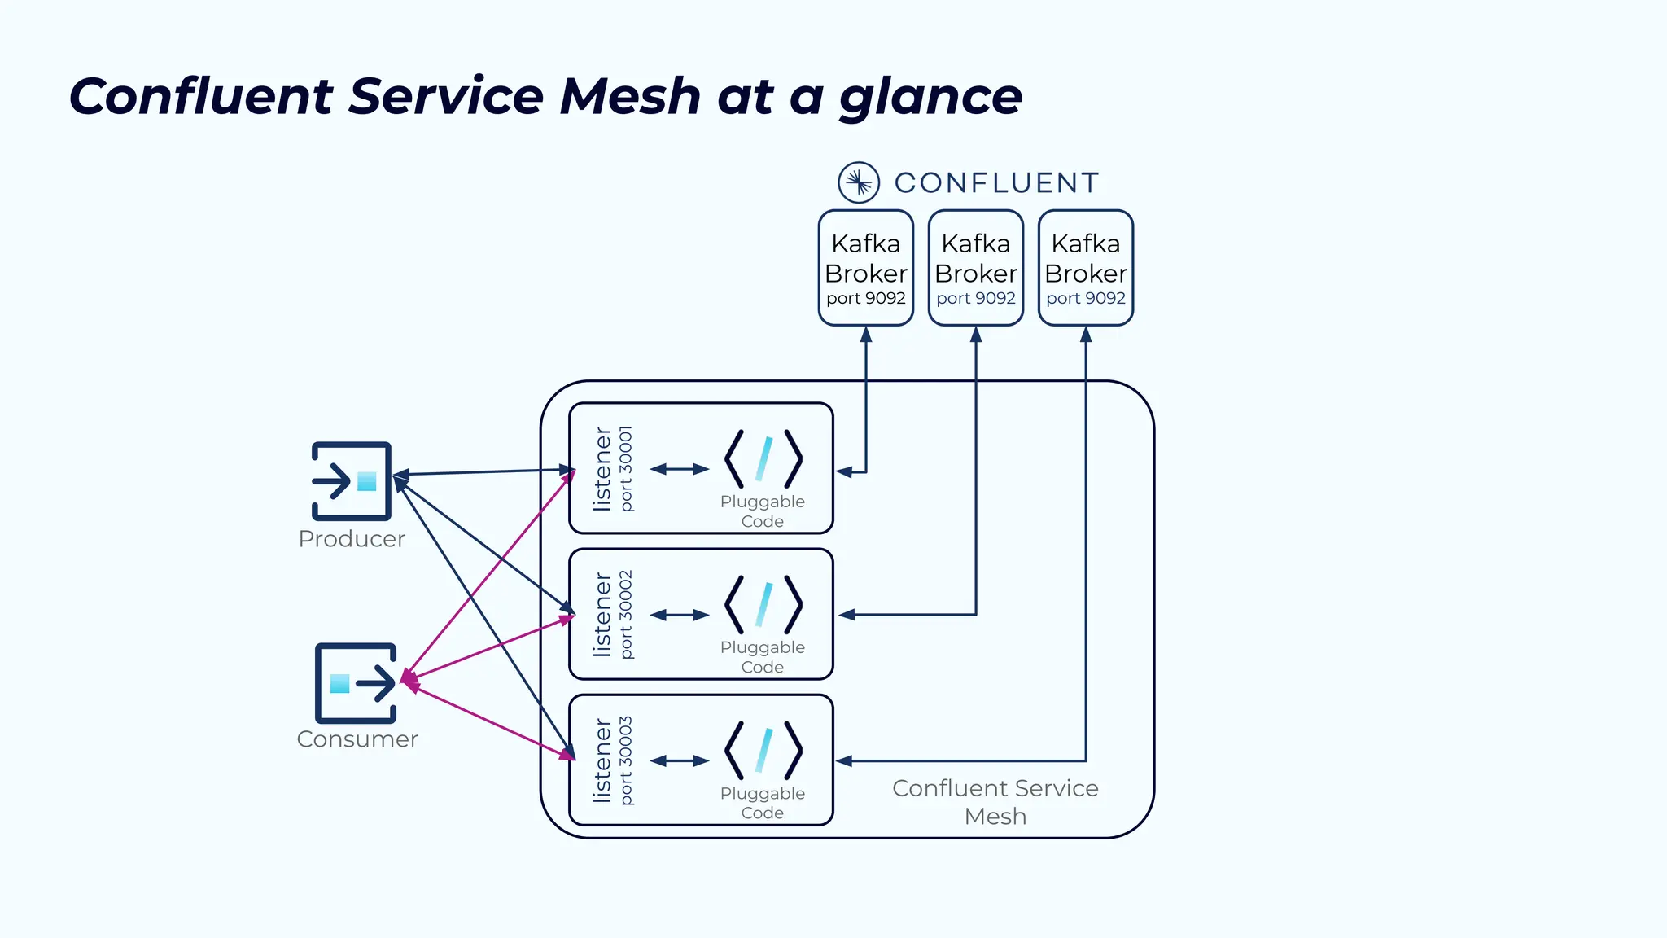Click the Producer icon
point(352,481)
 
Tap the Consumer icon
point(356,683)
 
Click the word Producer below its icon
point(352,539)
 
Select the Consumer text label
point(357,739)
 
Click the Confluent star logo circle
point(859,182)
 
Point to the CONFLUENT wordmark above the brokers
point(997,183)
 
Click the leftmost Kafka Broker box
point(865,268)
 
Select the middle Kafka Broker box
point(975,268)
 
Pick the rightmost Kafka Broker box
point(1085,268)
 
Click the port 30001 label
point(626,469)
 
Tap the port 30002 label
point(626,615)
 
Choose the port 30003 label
point(626,760)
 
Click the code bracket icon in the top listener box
point(763,459)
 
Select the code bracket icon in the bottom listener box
point(763,751)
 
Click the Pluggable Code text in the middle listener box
point(763,657)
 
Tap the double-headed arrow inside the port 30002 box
point(680,615)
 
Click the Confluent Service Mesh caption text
point(995,802)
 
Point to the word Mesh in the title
point(630,96)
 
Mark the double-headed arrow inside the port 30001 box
point(680,469)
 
